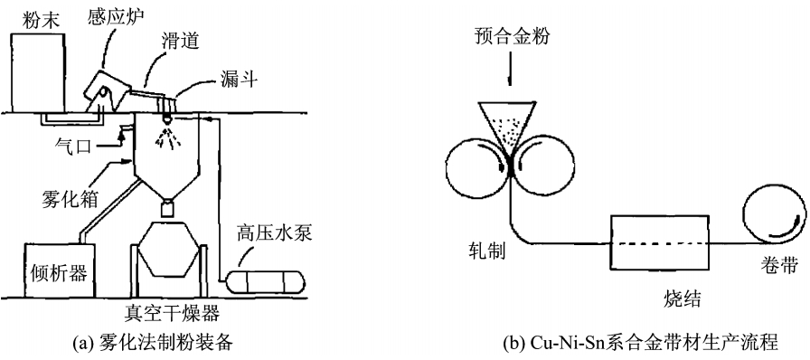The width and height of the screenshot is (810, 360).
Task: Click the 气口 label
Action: coord(73,147)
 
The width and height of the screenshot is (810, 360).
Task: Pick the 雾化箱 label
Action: coord(70,197)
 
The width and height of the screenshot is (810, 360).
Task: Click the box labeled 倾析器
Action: coord(60,270)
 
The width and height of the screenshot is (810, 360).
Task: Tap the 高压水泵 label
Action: coord(274,233)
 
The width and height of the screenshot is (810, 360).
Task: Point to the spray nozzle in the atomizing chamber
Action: coord(166,120)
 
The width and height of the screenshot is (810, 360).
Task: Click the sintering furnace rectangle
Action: coord(660,242)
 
